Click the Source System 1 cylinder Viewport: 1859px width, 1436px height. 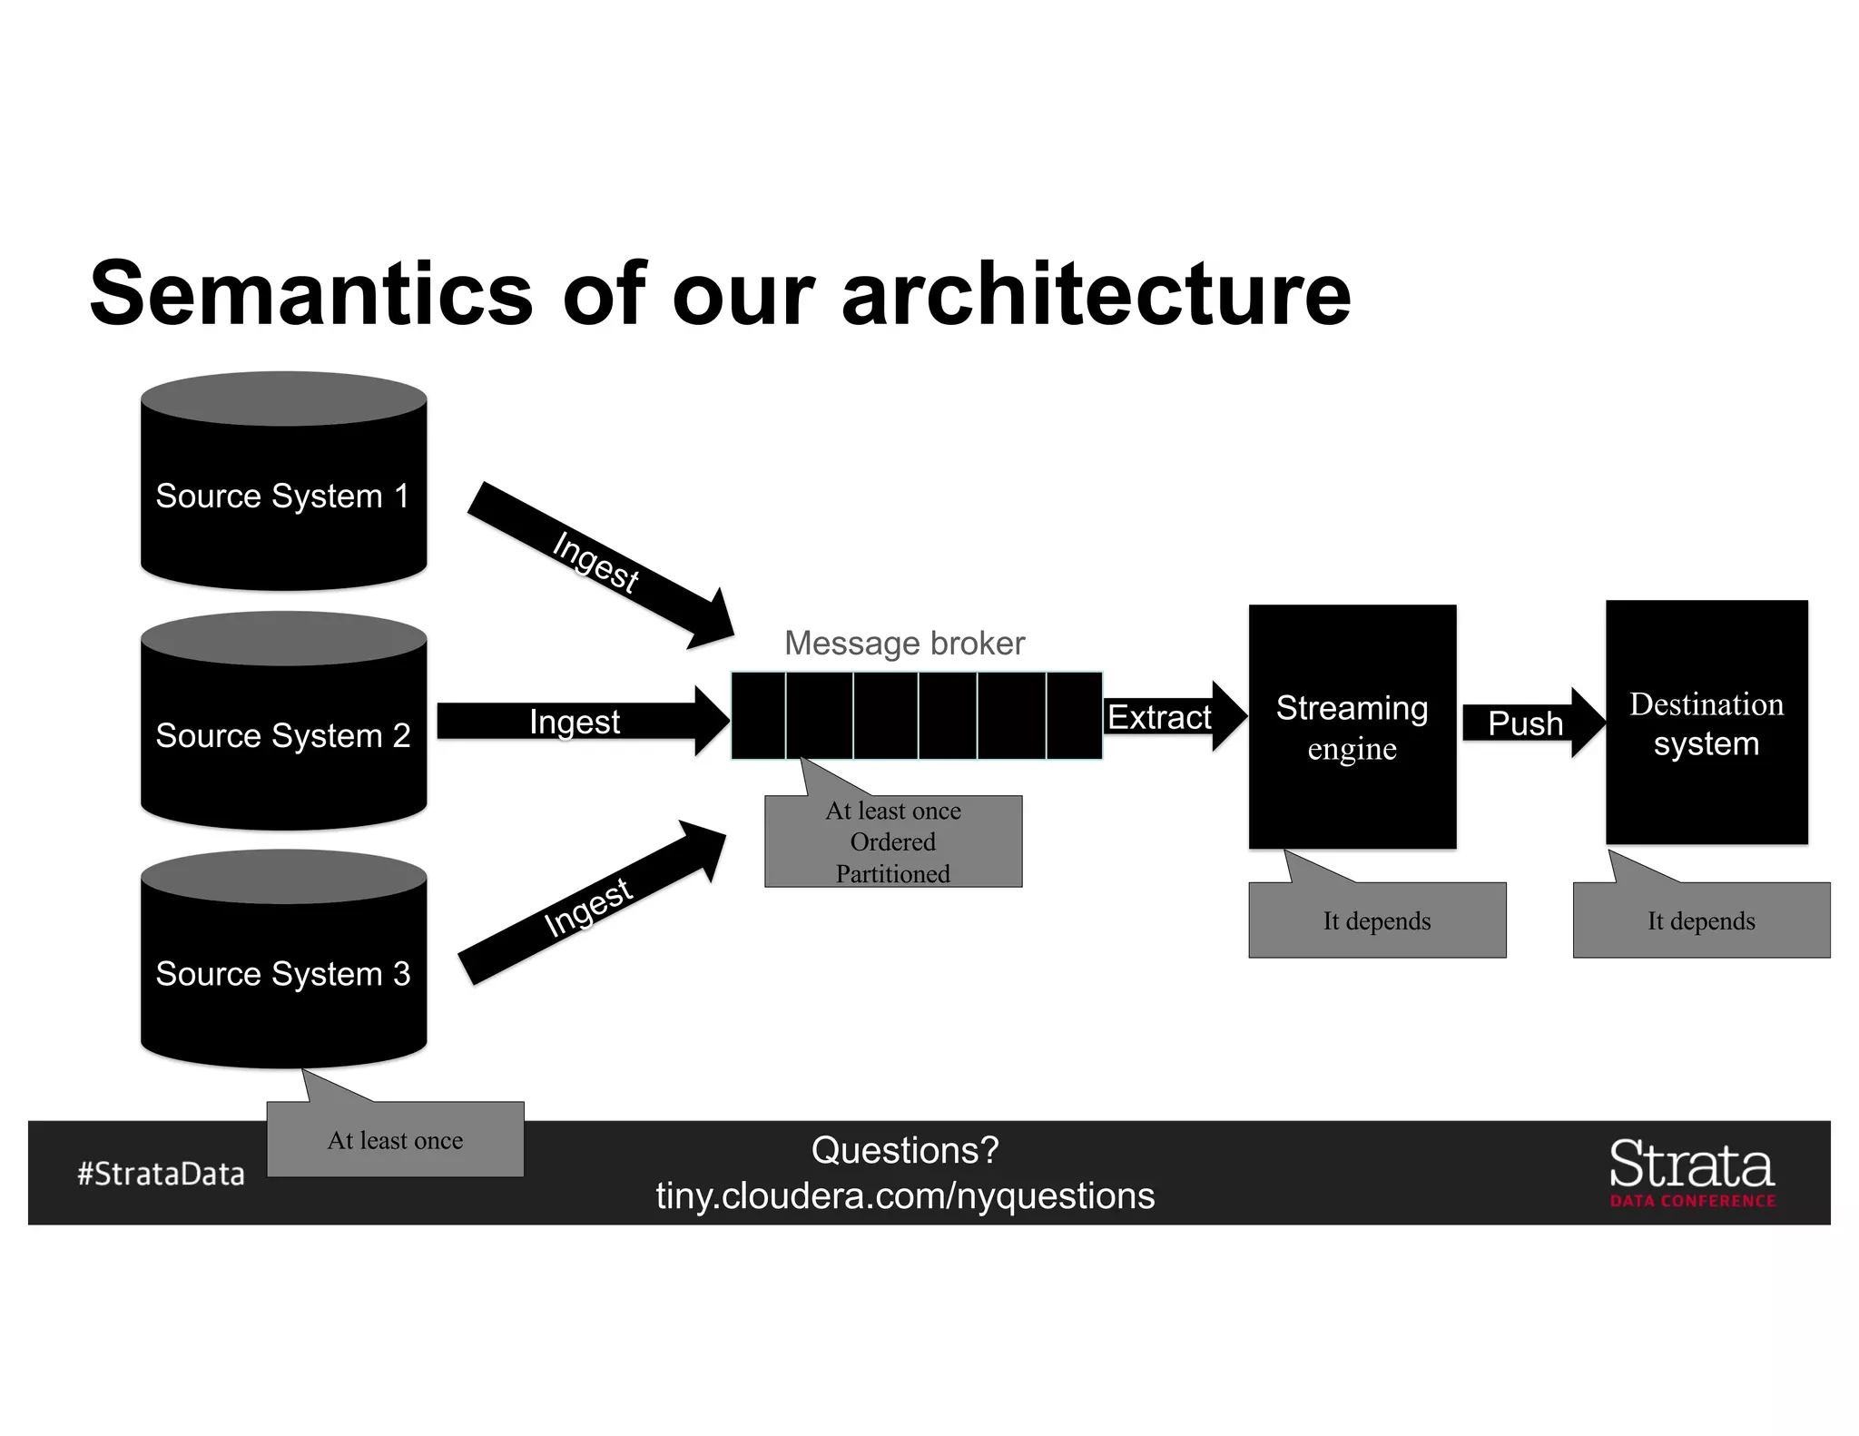click(x=283, y=495)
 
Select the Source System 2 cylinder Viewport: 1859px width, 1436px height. click(x=283, y=733)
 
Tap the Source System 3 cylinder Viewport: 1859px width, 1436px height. click(x=283, y=972)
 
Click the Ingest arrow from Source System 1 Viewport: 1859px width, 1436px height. click(x=599, y=563)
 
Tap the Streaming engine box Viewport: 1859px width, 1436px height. click(x=1352, y=726)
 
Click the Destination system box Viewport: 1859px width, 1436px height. click(x=1706, y=723)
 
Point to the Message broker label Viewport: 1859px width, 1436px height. click(x=904, y=643)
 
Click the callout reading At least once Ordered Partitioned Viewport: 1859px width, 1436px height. click(x=893, y=841)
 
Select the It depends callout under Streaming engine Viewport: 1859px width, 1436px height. click(x=1377, y=920)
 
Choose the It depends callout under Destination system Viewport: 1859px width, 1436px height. click(x=1701, y=920)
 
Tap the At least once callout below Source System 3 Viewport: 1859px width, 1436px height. click(x=395, y=1139)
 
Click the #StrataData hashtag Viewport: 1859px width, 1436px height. click(x=161, y=1173)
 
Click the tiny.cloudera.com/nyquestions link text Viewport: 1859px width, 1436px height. click(x=905, y=1195)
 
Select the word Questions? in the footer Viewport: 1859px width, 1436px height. click(x=905, y=1150)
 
